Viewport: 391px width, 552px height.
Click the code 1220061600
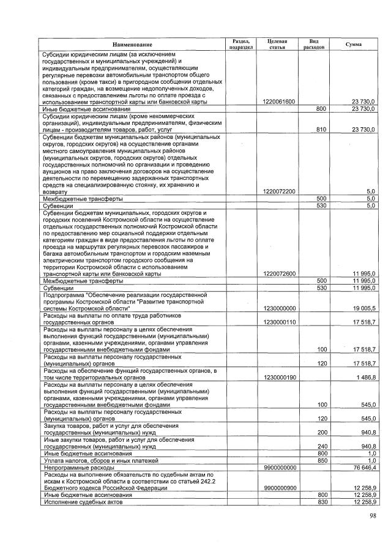(278, 102)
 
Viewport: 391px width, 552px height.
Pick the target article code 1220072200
(278, 192)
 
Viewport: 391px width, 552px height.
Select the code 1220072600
(278, 273)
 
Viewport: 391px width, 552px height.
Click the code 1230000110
(278, 320)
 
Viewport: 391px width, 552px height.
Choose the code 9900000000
(278, 467)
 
